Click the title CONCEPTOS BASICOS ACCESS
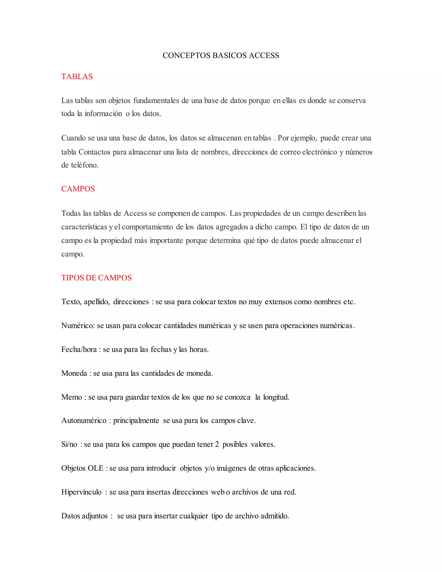coord(221,55)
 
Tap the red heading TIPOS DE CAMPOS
coord(96,278)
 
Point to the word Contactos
coord(95,152)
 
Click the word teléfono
coord(84,165)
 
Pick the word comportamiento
coord(147,227)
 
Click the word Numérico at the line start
coord(78,326)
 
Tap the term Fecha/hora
coord(79,349)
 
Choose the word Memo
coord(71,397)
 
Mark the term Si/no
coord(69,444)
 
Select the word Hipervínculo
coord(81,492)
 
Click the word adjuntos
coord(95,516)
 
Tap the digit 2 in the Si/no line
coord(217,444)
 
